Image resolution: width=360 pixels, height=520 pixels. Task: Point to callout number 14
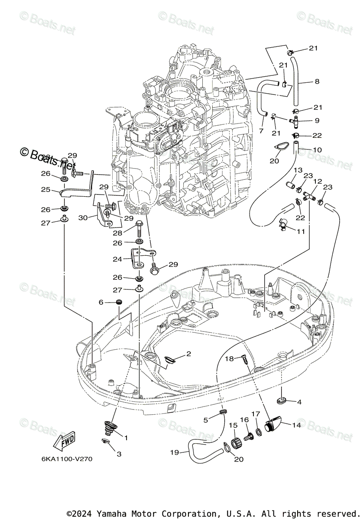pyautogui.click(x=309, y=425)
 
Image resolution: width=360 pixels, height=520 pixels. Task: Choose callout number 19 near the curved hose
pyautogui.click(x=174, y=452)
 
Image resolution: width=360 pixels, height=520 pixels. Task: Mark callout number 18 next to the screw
pyautogui.click(x=229, y=358)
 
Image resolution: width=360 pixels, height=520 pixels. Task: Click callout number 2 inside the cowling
pyautogui.click(x=188, y=354)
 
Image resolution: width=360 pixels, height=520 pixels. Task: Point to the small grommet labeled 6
pyautogui.click(x=120, y=302)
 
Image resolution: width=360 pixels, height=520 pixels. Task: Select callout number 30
pyautogui.click(x=83, y=218)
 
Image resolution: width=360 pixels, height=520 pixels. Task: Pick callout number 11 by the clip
pyautogui.click(x=301, y=231)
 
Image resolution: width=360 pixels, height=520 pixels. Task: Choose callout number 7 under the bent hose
pyautogui.click(x=261, y=131)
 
